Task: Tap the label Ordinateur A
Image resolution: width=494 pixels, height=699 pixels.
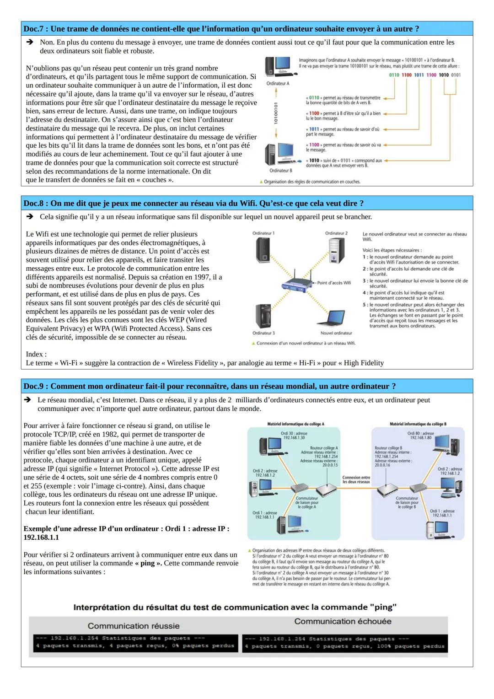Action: tap(278, 84)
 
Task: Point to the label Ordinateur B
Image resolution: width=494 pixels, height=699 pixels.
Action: tap(280, 171)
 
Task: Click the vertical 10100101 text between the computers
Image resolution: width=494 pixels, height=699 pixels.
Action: tap(276, 113)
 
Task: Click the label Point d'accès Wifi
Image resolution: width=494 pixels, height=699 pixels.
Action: tap(334, 283)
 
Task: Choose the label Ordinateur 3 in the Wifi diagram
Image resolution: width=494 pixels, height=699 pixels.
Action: tap(263, 333)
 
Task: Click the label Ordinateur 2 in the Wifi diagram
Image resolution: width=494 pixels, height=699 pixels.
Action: tap(336, 233)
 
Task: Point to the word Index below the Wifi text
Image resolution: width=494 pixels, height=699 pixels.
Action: tap(35, 354)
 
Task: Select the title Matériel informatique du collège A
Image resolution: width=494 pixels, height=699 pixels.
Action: tap(295, 424)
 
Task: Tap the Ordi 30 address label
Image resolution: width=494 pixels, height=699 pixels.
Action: tap(294, 435)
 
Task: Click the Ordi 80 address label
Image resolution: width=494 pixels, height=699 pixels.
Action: tap(421, 435)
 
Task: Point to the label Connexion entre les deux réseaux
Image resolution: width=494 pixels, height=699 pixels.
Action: tap(356, 479)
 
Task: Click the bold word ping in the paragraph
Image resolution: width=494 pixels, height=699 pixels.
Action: tap(147, 563)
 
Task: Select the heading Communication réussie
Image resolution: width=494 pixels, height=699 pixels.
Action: tap(134, 626)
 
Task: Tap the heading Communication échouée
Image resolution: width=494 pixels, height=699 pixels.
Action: tap(343, 621)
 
